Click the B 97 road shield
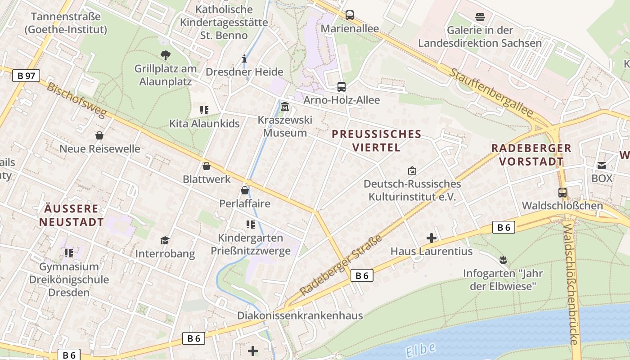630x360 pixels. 26,76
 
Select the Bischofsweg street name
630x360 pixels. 76,100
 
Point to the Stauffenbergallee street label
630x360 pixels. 491,93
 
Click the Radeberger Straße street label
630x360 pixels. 341,265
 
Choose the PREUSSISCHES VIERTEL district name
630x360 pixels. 376,140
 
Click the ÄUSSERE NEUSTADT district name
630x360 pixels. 72,215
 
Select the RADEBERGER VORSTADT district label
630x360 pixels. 531,154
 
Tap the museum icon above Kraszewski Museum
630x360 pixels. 285,107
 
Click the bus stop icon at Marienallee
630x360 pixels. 350,15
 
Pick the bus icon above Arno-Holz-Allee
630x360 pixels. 342,87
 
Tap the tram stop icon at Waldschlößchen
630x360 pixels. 562,193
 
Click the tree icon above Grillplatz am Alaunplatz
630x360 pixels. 166,55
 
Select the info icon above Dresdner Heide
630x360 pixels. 244,58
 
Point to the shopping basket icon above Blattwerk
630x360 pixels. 207,166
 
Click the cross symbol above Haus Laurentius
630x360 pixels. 432,238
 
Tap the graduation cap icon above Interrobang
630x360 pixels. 165,240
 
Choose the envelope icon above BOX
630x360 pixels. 602,165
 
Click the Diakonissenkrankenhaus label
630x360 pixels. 300,315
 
